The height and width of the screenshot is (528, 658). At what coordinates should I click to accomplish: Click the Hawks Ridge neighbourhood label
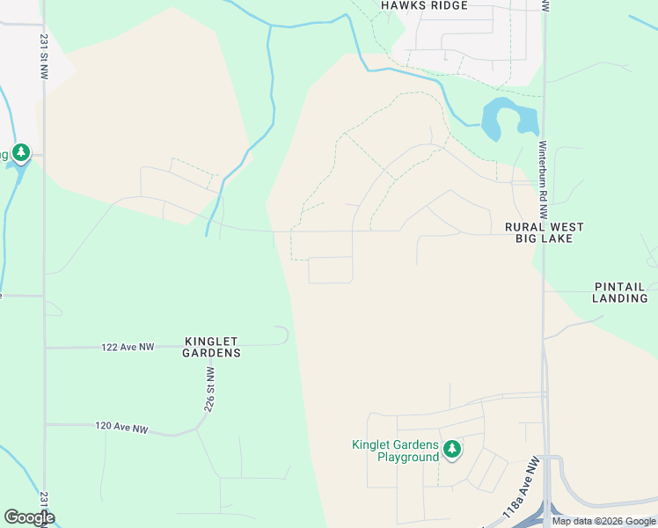(424, 5)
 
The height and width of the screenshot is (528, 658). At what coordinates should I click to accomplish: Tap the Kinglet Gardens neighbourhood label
(212, 346)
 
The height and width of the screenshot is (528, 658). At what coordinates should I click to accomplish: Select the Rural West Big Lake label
(544, 232)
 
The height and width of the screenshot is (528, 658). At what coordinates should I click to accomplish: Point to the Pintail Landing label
(619, 292)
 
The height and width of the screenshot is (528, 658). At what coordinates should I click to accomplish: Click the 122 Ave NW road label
(128, 347)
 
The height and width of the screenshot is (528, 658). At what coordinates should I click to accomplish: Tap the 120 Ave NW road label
(122, 428)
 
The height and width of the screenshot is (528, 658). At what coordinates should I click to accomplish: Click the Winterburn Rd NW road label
(543, 180)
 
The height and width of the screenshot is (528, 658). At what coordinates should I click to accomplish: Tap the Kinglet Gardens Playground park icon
(452, 450)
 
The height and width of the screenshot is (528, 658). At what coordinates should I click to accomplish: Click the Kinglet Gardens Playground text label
(395, 451)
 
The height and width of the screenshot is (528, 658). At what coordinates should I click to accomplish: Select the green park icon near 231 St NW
(20, 153)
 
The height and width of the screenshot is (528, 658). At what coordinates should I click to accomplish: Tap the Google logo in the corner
(29, 517)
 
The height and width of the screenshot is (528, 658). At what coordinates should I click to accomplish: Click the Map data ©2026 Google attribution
(603, 521)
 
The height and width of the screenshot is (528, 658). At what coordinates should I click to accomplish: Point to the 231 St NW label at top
(44, 57)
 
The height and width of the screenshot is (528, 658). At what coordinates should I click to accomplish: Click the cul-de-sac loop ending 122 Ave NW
(281, 334)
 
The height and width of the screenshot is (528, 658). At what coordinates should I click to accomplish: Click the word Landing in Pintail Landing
(619, 298)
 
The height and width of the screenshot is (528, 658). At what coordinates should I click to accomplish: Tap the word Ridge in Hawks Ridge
(447, 5)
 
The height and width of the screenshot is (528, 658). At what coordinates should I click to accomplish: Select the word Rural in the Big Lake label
(523, 227)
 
